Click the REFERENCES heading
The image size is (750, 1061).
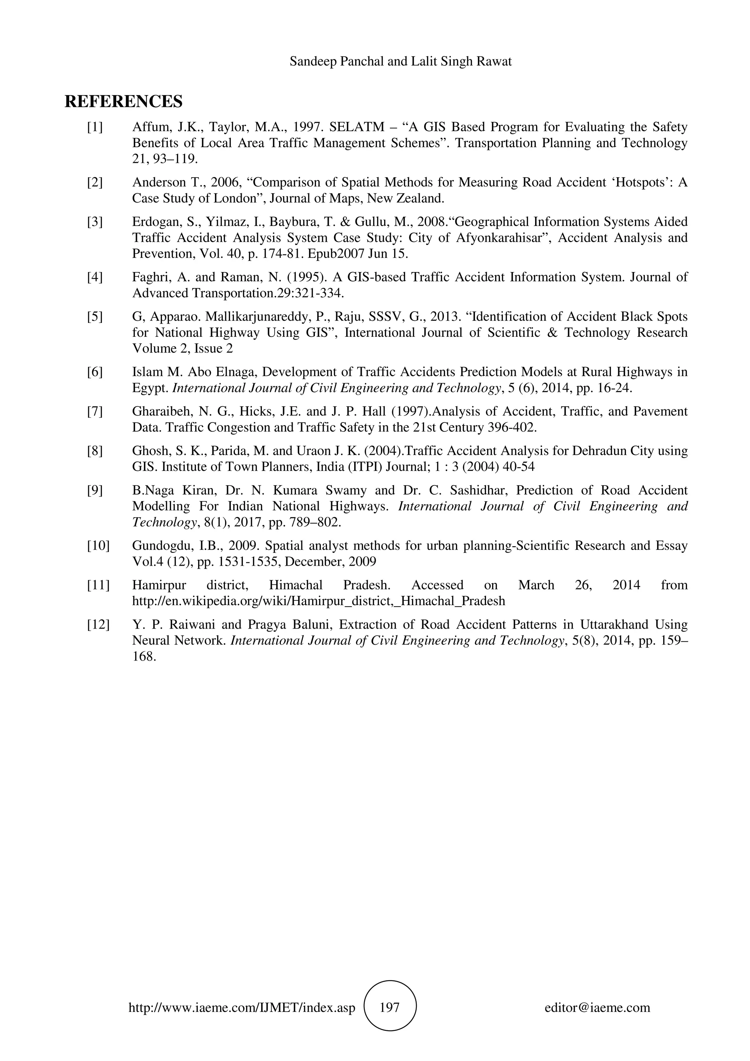pyautogui.click(x=123, y=101)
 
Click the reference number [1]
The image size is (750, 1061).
pyautogui.click(x=95, y=127)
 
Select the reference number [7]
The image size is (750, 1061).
pyautogui.click(x=95, y=411)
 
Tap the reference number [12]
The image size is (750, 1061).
pyautogui.click(x=98, y=625)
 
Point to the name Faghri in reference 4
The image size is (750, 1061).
pyautogui.click(x=148, y=277)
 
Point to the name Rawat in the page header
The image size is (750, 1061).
pyautogui.click(x=496, y=62)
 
